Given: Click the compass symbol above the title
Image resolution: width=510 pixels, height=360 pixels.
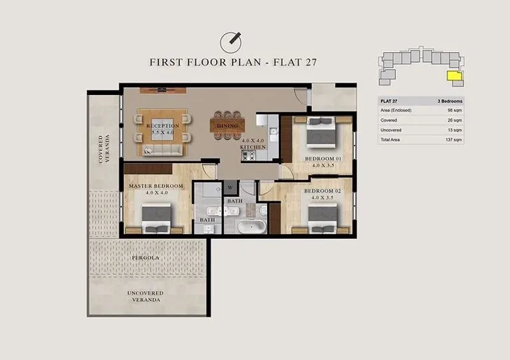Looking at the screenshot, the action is pyautogui.click(x=231, y=42).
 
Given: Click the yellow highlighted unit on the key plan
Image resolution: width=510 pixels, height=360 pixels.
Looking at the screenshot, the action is pyautogui.click(x=455, y=76).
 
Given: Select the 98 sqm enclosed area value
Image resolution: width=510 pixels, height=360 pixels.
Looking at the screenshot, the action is pyautogui.click(x=455, y=111).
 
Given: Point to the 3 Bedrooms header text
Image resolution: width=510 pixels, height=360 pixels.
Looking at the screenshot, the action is pyautogui.click(x=450, y=101).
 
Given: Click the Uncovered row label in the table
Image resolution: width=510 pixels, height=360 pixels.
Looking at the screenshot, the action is pyautogui.click(x=391, y=130).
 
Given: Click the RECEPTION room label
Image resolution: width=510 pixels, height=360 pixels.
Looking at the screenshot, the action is pyautogui.click(x=163, y=126).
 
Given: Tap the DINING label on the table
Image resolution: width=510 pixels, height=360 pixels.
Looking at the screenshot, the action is pyautogui.click(x=228, y=126).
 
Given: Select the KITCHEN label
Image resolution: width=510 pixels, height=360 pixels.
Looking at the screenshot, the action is pyautogui.click(x=253, y=147).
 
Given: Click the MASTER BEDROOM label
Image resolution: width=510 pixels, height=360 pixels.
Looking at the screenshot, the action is pyautogui.click(x=156, y=186).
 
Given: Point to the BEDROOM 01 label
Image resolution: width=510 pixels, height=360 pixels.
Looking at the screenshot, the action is pyautogui.click(x=323, y=159).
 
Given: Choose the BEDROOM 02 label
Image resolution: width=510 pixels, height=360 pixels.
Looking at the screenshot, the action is pyautogui.click(x=323, y=191).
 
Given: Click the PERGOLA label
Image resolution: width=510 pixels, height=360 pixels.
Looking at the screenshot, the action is pyautogui.click(x=145, y=257).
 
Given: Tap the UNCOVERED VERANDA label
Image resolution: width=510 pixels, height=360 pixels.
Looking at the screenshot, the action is pyautogui.click(x=145, y=296).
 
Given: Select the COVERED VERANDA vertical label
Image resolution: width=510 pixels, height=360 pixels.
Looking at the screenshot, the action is pyautogui.click(x=104, y=149).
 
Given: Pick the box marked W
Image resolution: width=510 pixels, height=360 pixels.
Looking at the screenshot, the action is pyautogui.click(x=230, y=187).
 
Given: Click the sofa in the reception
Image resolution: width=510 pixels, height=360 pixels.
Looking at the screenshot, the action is pyautogui.click(x=163, y=150).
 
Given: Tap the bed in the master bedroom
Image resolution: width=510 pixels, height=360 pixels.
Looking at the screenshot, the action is pyautogui.click(x=156, y=218).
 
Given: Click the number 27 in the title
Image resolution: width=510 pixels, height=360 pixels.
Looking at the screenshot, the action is pyautogui.click(x=311, y=62).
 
